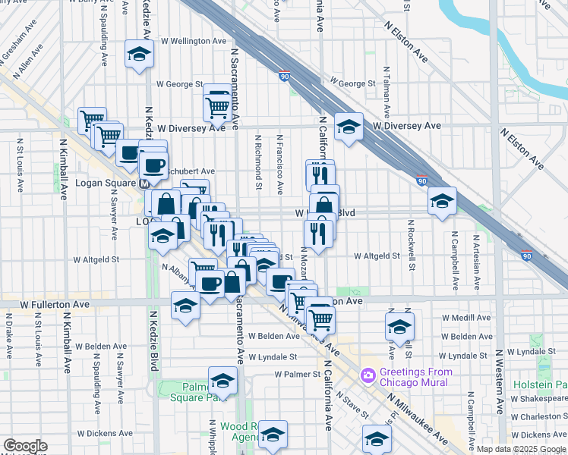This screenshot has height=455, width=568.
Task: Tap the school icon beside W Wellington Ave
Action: (140, 54)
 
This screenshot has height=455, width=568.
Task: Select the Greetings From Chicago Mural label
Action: (417, 376)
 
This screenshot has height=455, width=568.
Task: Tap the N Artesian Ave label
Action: (477, 261)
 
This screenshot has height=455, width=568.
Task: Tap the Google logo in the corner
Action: (25, 446)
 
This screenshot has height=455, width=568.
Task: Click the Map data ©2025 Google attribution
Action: (521, 450)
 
